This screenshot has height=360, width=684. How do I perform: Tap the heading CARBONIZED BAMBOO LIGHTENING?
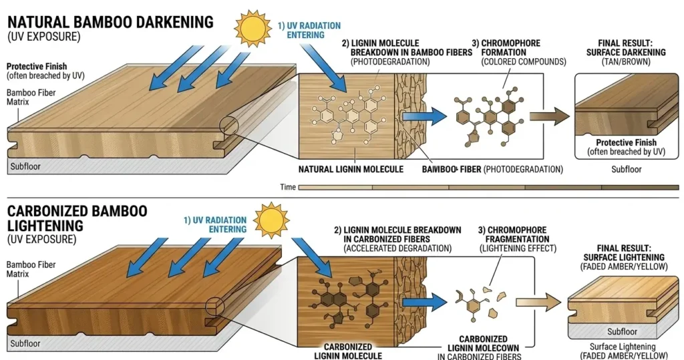[77, 218]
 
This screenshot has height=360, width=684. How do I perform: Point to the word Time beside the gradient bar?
[288, 187]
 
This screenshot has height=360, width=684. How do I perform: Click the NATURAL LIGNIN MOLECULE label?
[351, 169]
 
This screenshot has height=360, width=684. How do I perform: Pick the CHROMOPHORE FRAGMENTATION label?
[513, 240]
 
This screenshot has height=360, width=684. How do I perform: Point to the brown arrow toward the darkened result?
[550, 115]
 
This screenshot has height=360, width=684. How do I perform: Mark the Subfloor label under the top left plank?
[25, 166]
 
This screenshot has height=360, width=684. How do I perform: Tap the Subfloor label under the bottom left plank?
[25, 343]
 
